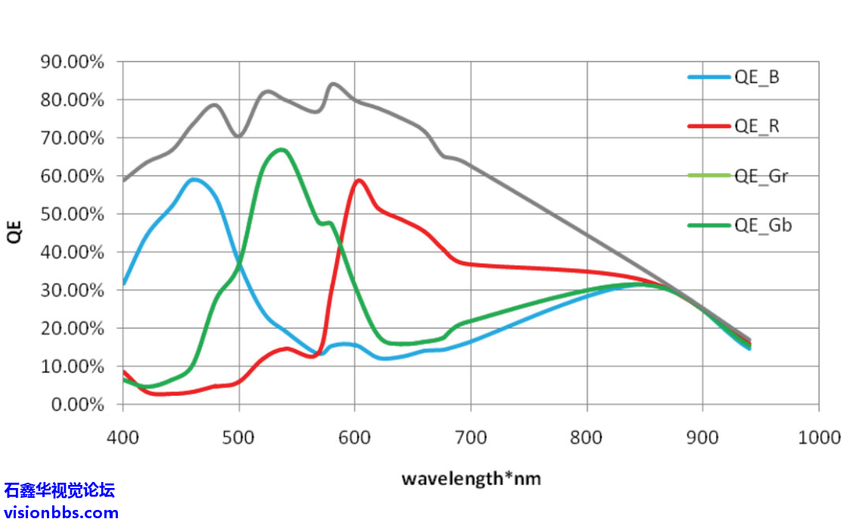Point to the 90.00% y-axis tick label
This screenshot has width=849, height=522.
[x=72, y=62]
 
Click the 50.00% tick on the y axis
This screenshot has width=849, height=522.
[x=72, y=215]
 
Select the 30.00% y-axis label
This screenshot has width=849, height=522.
[x=72, y=291]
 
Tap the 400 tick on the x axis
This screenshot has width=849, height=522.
[x=122, y=437]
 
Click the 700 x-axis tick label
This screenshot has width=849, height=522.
[x=470, y=437]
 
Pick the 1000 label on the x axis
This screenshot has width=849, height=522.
[x=819, y=437]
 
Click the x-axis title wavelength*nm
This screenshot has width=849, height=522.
[x=470, y=478]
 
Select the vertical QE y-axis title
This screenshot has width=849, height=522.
[x=14, y=232]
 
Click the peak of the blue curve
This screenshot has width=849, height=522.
[x=194, y=179]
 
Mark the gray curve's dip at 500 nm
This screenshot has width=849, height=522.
[x=239, y=136]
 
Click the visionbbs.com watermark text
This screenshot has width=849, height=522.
[x=60, y=513]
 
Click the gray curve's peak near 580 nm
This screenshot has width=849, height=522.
[x=333, y=84]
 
